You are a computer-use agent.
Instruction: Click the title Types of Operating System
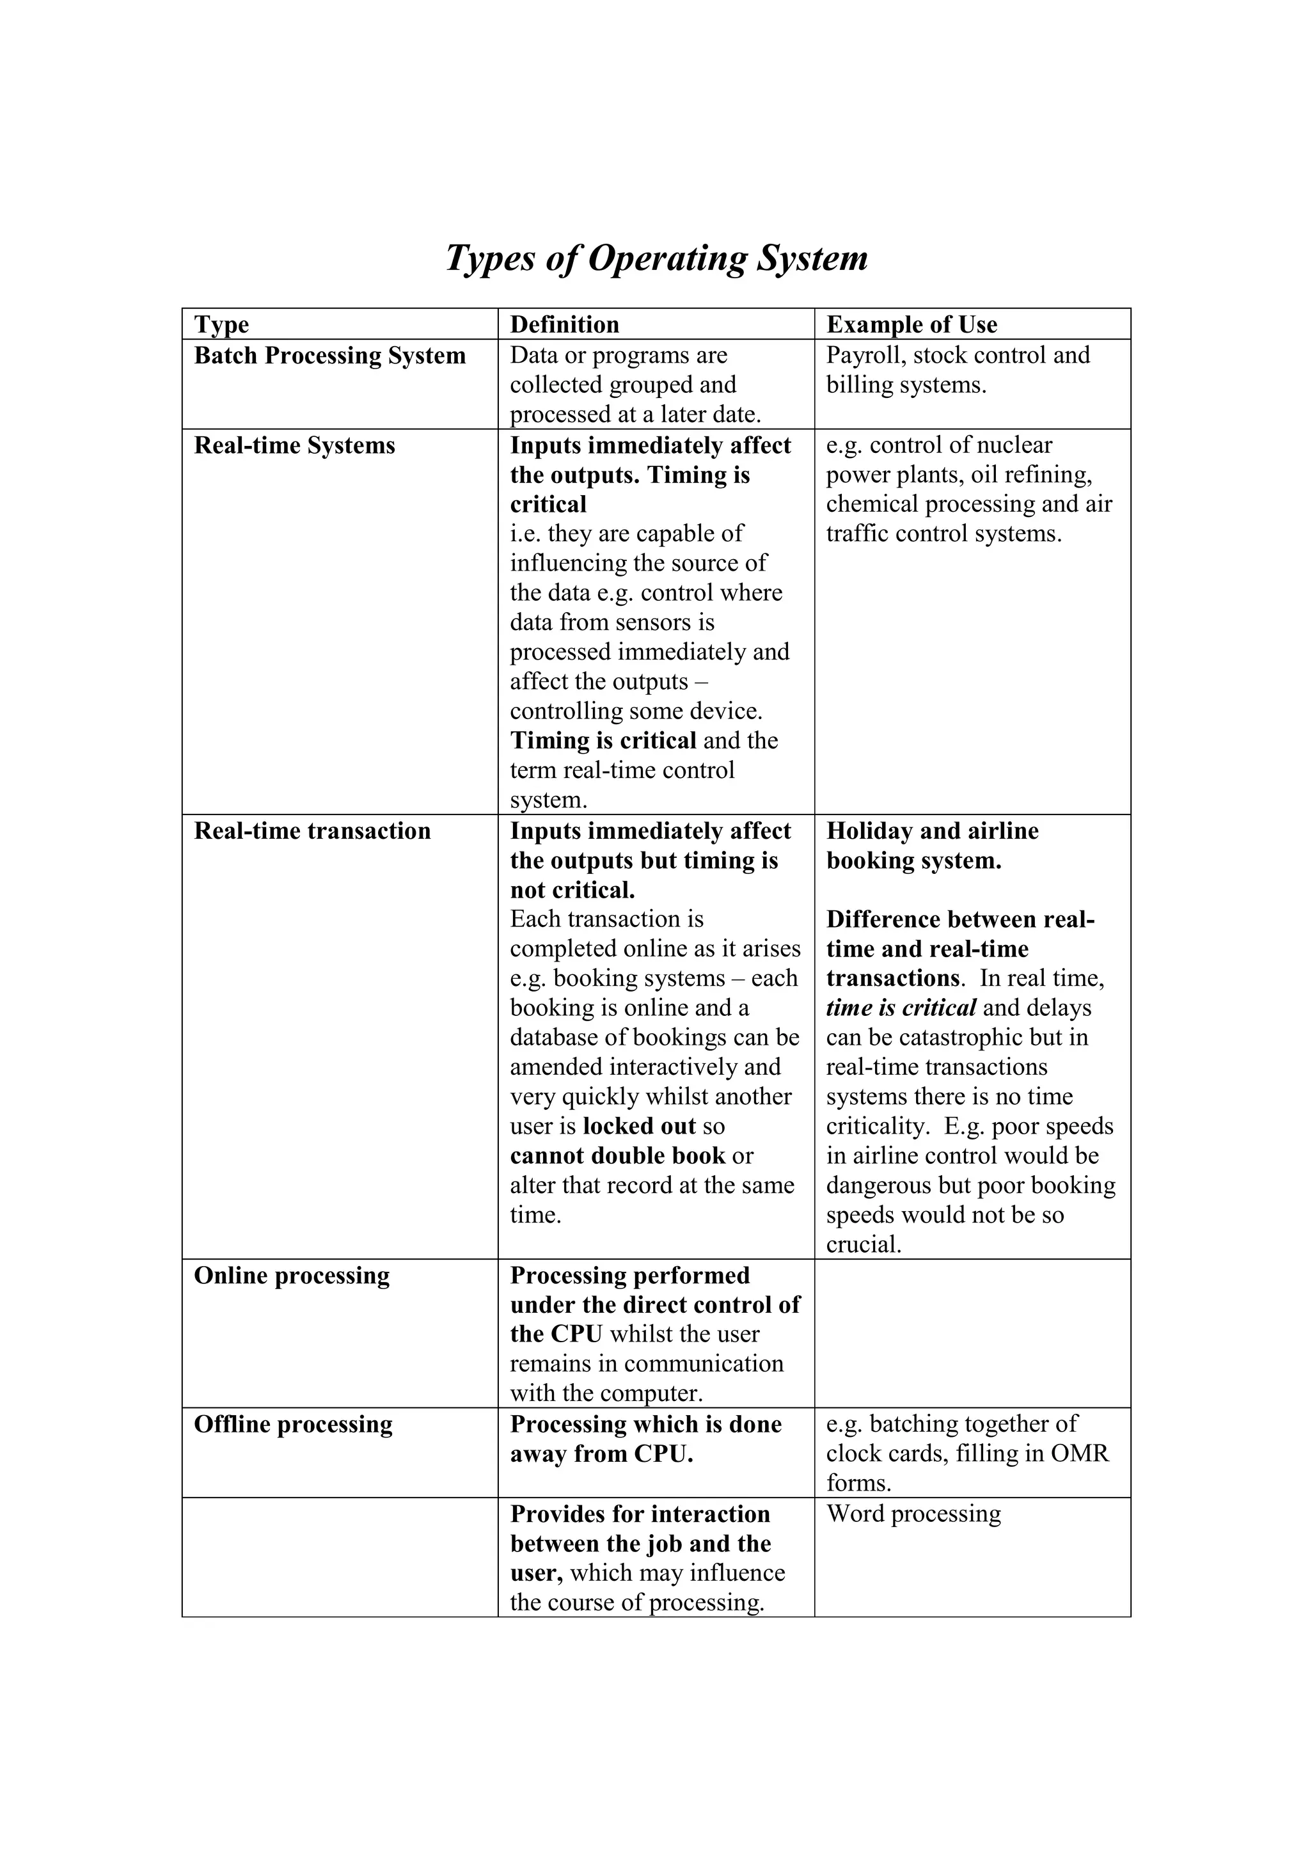pos(656,258)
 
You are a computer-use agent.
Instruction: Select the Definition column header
pos(564,324)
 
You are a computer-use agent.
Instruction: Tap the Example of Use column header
pos(911,324)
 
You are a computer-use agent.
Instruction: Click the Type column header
pos(221,324)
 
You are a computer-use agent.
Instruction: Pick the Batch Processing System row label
pos(329,355)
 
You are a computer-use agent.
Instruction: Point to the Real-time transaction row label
pos(312,831)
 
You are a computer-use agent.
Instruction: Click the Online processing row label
pos(292,1275)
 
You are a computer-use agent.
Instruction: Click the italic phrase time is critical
pos(901,1008)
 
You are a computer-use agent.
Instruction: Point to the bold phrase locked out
pos(638,1126)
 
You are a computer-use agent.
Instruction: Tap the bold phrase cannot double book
pos(617,1155)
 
